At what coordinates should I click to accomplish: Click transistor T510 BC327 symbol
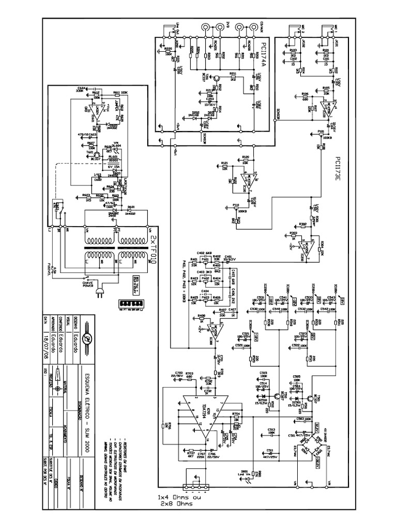tap(278, 396)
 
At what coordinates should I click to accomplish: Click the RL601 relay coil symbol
tap(112, 160)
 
